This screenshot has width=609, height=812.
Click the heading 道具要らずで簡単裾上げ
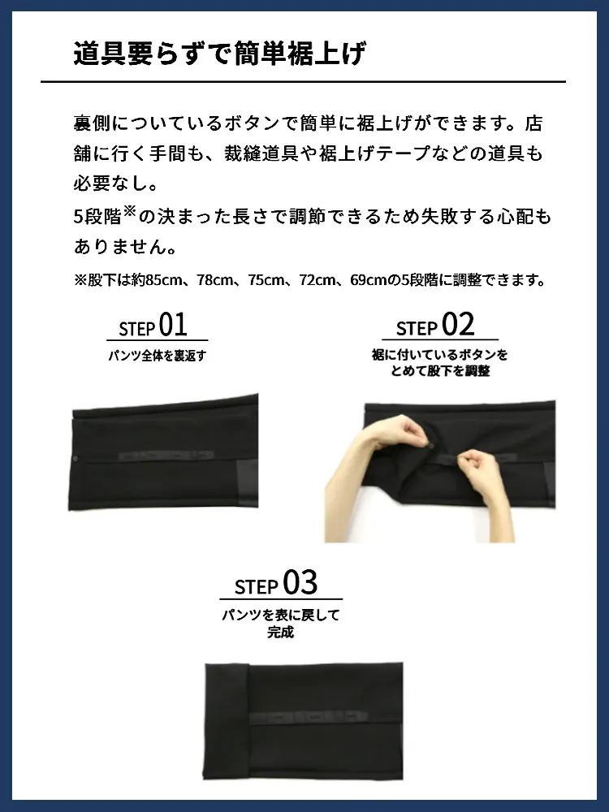pos(219,54)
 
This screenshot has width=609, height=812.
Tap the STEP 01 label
pos(153,326)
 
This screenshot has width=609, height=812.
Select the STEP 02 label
pos(435,326)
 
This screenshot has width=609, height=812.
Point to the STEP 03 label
pos(276,583)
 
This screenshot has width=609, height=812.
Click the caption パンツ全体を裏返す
pos(158,356)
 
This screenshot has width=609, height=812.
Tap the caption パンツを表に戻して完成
pos(281,624)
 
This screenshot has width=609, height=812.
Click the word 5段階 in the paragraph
pos(97,217)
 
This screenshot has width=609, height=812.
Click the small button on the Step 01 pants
pos(76,458)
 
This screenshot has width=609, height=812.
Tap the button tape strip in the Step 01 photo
pos(166,456)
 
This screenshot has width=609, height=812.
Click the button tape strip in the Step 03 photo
pos(309,718)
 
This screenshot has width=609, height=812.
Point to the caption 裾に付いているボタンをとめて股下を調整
pos(439,362)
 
